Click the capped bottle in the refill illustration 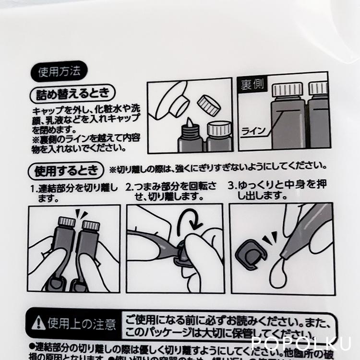pyautogui.click(x=219, y=138)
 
